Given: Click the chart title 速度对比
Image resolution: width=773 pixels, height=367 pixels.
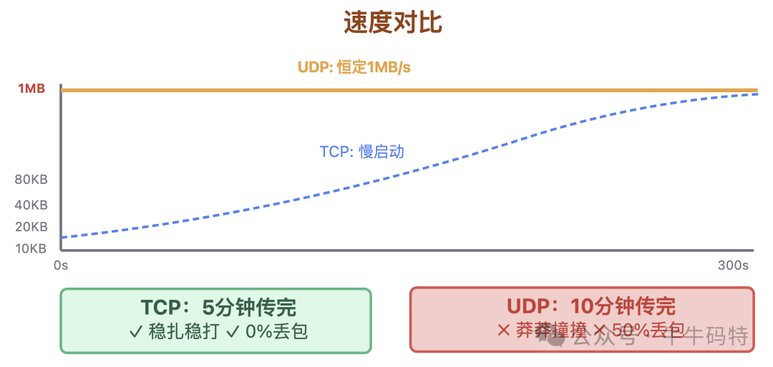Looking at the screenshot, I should coord(393,23).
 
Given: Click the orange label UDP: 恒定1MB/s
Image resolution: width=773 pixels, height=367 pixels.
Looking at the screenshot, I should coord(354,68).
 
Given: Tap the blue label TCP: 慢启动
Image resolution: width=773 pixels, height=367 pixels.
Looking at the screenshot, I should coord(361,152).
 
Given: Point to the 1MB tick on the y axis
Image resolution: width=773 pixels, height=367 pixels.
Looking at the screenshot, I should coord(31,89).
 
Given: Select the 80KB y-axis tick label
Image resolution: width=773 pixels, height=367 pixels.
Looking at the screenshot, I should coord(31,180).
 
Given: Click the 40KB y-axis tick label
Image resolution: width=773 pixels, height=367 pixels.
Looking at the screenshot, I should coord(31,205).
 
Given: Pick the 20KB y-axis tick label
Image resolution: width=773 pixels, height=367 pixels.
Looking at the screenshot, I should coord(31,227).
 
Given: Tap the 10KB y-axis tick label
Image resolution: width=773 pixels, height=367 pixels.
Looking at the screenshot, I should coord(31,249).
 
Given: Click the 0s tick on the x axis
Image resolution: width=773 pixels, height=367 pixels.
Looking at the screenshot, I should coord(61,265).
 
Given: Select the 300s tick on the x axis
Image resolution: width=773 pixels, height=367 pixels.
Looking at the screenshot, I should coord(733,265).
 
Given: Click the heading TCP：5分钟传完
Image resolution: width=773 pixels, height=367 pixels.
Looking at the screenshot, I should coord(218,308).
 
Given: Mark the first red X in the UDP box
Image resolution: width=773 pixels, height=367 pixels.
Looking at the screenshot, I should coord(502,331).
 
